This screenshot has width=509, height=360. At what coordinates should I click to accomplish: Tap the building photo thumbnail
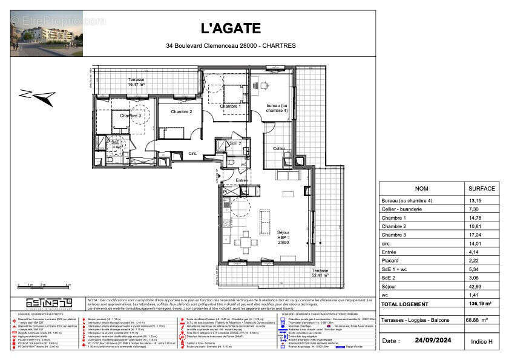[x=47, y=33]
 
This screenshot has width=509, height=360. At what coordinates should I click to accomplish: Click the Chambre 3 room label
[x=130, y=115]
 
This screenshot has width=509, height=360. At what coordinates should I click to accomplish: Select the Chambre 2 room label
[x=181, y=111]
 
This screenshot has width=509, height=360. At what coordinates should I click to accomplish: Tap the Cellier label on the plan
[x=278, y=148]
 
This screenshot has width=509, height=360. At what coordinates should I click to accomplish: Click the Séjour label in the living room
[x=283, y=232]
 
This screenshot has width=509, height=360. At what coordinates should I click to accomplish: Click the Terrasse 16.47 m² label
[x=136, y=83]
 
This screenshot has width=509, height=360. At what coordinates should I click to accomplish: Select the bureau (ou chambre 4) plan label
[x=277, y=109]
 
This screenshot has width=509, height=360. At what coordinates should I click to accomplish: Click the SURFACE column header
[x=482, y=188]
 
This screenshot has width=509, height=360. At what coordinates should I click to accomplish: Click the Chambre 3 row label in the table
[x=395, y=235]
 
